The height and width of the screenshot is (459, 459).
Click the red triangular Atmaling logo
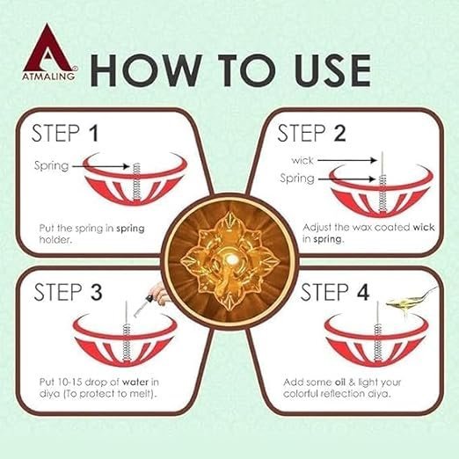48,52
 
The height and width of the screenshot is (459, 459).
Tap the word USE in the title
332,70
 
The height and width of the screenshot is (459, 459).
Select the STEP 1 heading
64,134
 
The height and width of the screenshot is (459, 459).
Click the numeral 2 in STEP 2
339,134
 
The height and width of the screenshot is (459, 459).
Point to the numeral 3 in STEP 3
96,292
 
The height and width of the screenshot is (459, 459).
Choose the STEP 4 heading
335,292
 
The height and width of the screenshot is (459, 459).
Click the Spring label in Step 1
51,166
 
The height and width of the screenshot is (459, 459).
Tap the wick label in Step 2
302,160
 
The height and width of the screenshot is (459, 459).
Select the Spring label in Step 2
297,178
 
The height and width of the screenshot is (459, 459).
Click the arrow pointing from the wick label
347,160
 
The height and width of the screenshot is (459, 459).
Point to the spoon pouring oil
411,299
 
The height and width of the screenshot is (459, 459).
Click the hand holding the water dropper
157,293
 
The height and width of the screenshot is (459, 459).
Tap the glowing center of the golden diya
231,259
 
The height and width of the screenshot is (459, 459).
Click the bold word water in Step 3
135,382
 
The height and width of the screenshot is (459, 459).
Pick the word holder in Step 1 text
55,240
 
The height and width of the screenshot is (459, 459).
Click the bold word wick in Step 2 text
424,228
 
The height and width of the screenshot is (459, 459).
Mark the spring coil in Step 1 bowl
136,182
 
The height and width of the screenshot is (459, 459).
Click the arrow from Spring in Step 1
101,166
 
